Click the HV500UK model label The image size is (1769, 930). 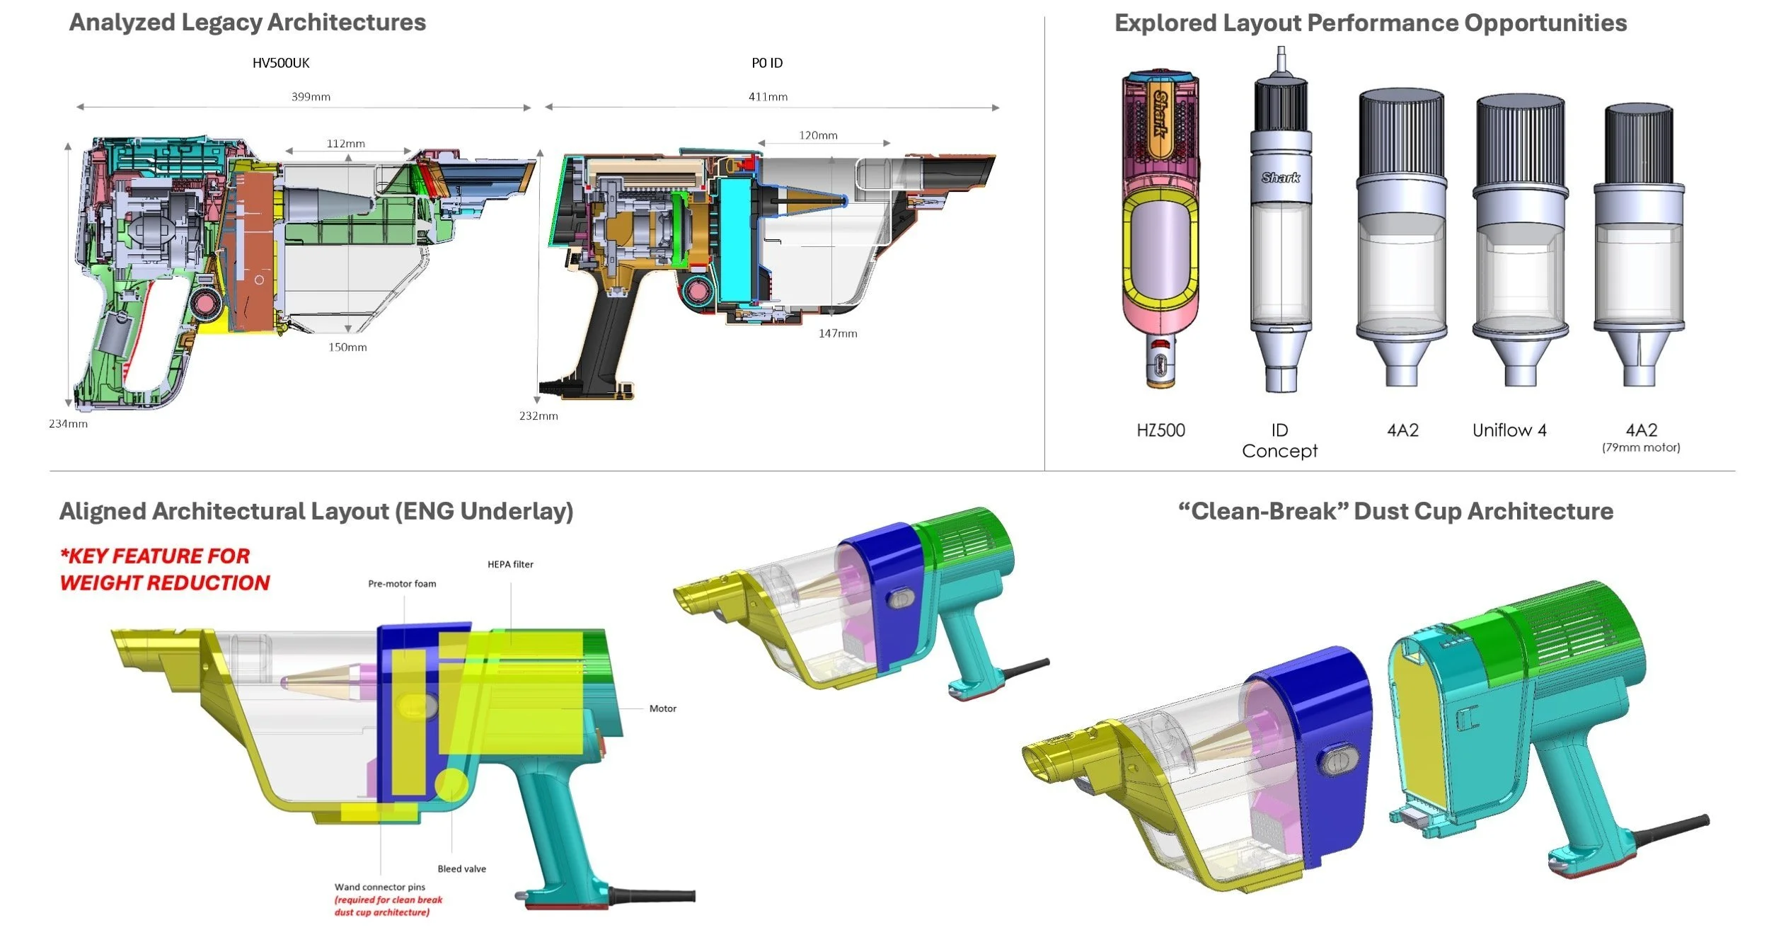click(281, 63)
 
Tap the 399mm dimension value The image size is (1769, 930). click(311, 97)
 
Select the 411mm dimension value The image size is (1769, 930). click(768, 97)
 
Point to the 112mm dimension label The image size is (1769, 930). click(346, 144)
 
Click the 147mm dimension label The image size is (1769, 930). click(838, 333)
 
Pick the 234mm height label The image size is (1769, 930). click(68, 424)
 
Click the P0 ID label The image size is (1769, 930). click(767, 63)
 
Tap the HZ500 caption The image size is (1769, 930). click(1160, 430)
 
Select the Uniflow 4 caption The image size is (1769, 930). click(1509, 430)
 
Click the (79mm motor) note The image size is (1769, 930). click(1641, 447)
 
